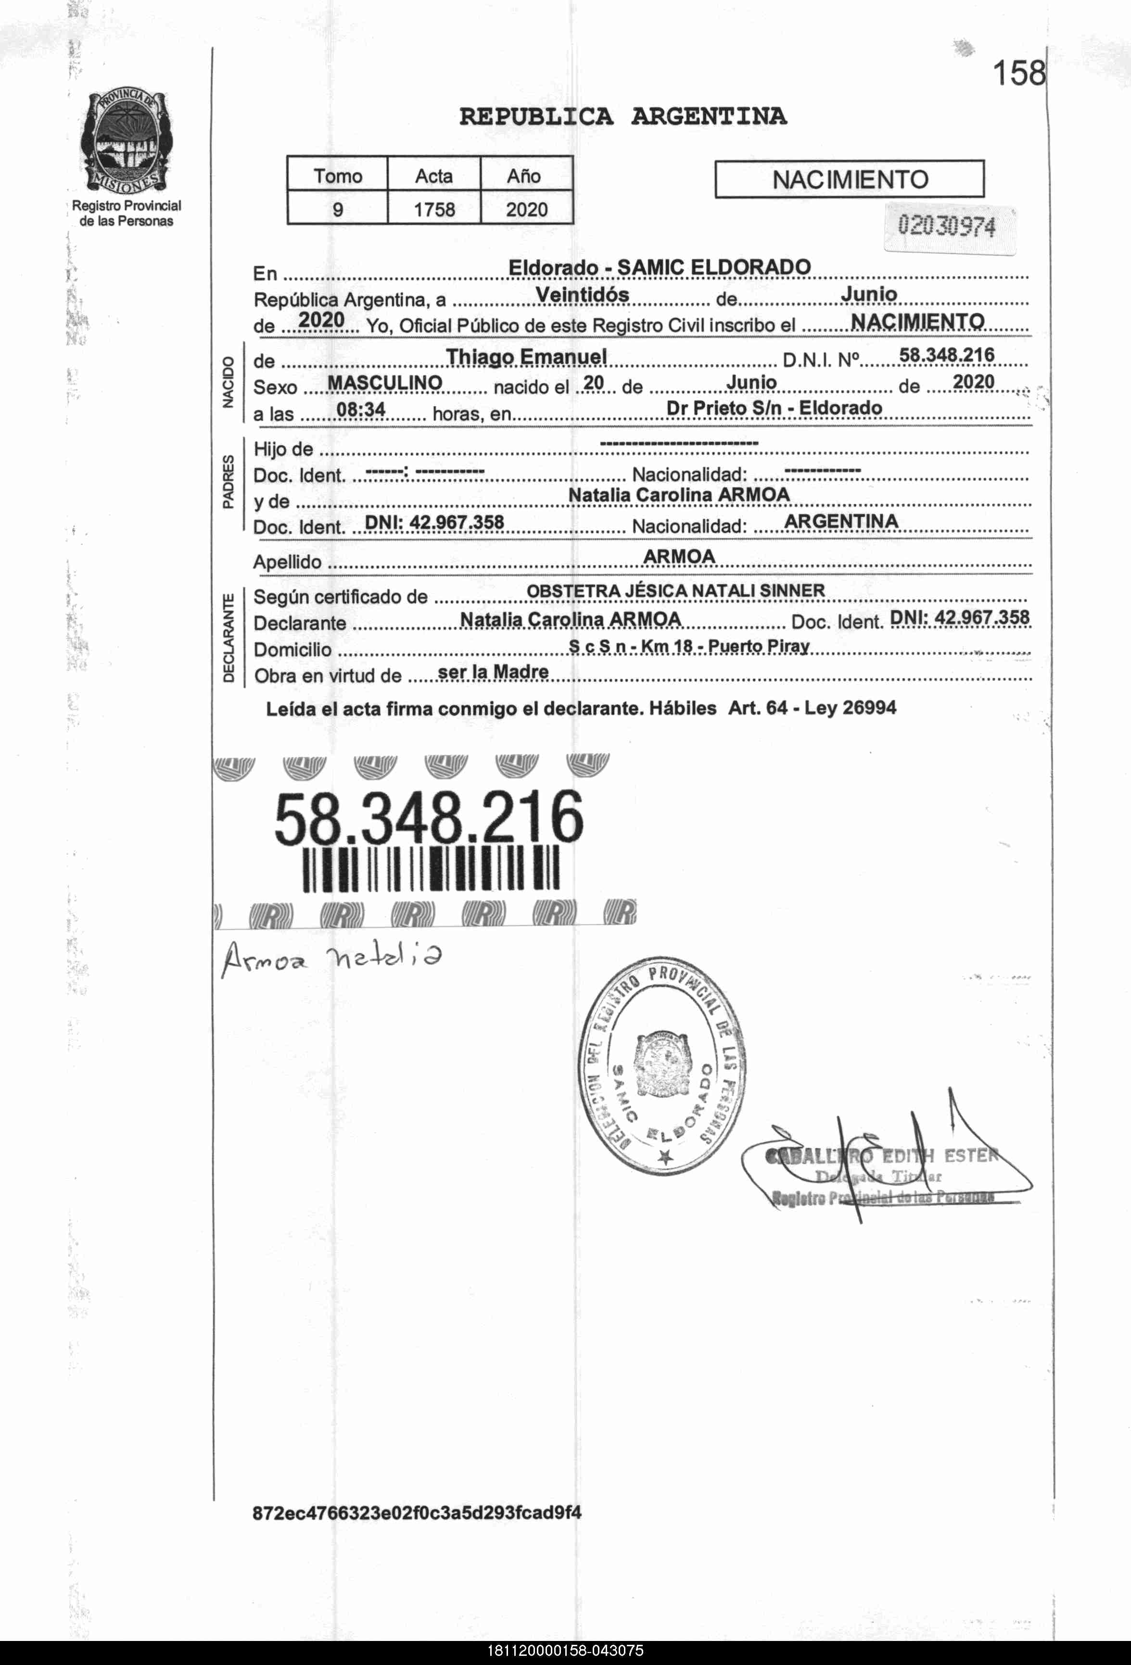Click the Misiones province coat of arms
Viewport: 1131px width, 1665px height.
[x=126, y=141]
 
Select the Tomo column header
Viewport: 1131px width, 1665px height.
[x=338, y=175]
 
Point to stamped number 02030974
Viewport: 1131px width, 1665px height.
[x=947, y=226]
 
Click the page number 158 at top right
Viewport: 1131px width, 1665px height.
[x=1018, y=73]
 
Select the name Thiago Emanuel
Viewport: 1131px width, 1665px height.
[x=526, y=357]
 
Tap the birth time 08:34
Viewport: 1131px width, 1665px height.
[x=361, y=410]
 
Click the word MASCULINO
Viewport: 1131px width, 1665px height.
[x=384, y=383]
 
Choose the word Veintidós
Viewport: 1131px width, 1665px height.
[x=582, y=294]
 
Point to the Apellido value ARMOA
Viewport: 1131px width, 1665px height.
[x=679, y=557]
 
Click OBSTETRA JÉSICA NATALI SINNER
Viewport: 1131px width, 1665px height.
[x=675, y=591]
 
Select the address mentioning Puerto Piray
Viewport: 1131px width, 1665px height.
[x=689, y=646]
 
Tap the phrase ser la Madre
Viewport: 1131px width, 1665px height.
[x=493, y=673]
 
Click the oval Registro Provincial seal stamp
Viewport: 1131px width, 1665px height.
[x=663, y=1065]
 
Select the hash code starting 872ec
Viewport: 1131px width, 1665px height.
[x=417, y=1513]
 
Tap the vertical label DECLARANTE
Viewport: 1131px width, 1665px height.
[x=229, y=638]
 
